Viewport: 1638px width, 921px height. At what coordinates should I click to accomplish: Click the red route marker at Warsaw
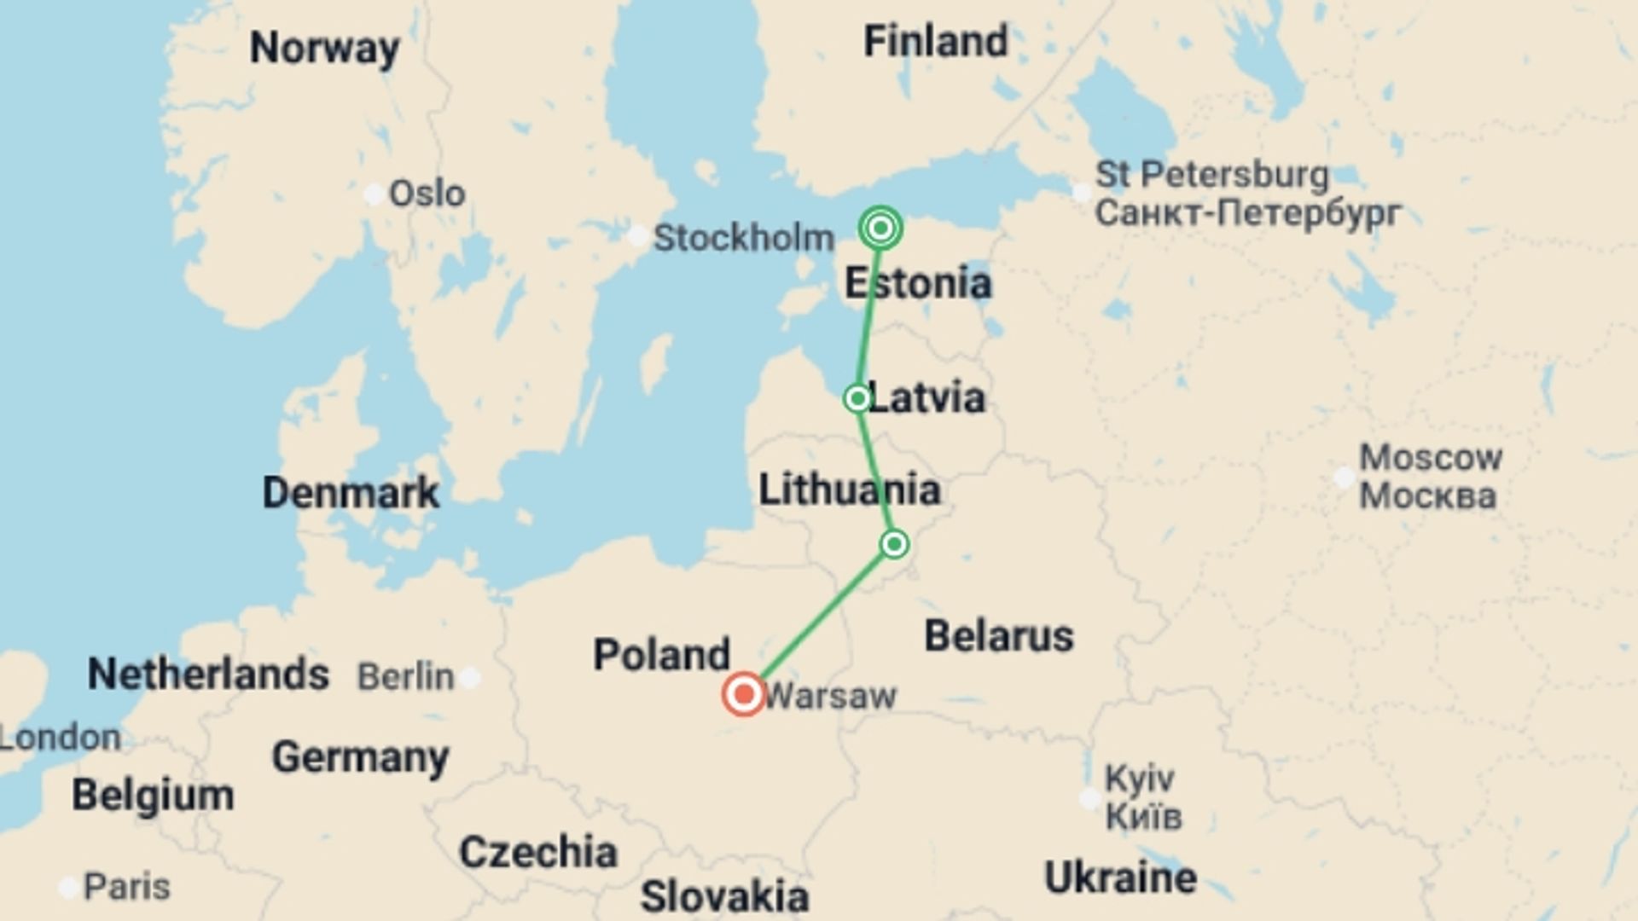(744, 694)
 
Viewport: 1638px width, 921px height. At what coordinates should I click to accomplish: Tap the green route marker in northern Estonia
(880, 228)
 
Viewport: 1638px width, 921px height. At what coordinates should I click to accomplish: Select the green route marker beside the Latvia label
(857, 398)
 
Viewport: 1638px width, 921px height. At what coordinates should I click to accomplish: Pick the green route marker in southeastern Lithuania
(894, 544)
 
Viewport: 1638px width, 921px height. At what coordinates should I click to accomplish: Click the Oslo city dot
(374, 194)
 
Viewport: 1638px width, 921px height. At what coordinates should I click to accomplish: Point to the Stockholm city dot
(637, 236)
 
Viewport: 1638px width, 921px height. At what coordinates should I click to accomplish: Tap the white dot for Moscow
(1344, 477)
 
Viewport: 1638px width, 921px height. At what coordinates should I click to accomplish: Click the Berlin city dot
(470, 678)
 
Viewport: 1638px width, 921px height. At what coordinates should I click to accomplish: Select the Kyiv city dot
(1089, 798)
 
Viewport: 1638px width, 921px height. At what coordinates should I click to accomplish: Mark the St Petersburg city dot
(1081, 193)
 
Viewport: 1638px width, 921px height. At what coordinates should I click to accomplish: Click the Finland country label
(935, 41)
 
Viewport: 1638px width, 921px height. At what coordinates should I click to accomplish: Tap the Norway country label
(324, 48)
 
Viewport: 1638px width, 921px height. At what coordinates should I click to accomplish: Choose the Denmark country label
(351, 493)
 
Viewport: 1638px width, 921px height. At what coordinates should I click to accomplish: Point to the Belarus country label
(998, 636)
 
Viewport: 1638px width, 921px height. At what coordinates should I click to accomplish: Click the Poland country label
(661, 655)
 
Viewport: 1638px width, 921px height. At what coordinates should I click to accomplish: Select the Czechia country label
(537, 852)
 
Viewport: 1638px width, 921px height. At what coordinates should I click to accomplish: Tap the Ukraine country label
(1120, 878)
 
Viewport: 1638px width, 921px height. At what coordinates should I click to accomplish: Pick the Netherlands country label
(208, 674)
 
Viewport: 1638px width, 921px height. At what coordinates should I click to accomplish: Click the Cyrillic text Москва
(1427, 496)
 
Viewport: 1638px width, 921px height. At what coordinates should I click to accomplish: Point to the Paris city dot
(68, 888)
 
